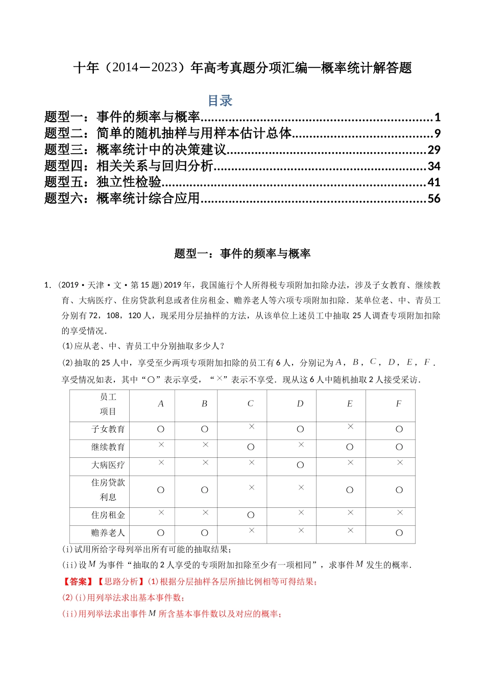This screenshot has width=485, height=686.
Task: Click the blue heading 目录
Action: (220, 101)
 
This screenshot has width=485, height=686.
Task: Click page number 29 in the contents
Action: (433, 150)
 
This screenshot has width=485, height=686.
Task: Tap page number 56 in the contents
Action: (433, 199)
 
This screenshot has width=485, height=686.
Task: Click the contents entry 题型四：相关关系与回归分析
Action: (129, 166)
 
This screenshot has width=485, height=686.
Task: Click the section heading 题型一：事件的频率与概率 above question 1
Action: (242, 254)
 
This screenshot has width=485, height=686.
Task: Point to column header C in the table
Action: (250, 404)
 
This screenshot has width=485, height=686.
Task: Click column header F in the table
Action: (398, 404)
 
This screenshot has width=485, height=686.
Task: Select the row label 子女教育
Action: (108, 429)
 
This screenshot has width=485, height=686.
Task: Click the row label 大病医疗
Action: (108, 465)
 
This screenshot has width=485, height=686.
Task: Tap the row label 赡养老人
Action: (108, 533)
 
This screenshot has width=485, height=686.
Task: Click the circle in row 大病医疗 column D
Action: (300, 465)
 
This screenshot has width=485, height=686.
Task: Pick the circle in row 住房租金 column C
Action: (251, 515)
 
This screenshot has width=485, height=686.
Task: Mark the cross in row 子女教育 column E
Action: (350, 427)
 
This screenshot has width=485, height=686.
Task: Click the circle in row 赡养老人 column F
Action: (399, 533)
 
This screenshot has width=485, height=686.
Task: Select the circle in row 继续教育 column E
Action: (350, 447)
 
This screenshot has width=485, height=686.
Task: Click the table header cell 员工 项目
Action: (108, 404)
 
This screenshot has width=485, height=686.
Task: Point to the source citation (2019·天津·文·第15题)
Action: (110, 285)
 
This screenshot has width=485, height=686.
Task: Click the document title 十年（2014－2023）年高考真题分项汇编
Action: (242, 68)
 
